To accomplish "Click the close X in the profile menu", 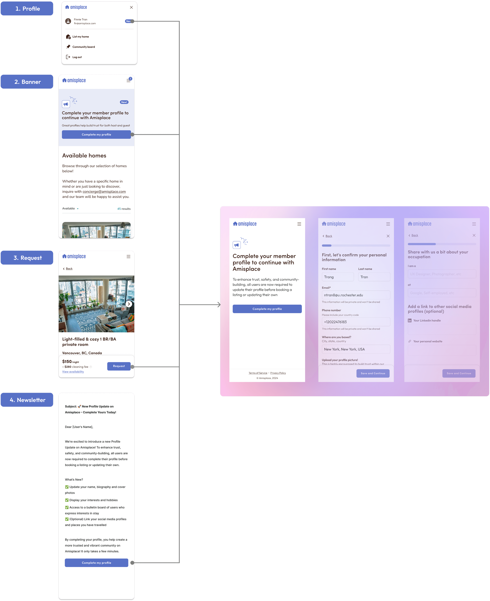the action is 131,7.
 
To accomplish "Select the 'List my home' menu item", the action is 80,37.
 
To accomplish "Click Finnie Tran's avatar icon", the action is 68,21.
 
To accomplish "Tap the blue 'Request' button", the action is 119,366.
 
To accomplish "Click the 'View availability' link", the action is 73,372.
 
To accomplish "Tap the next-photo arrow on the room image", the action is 129,304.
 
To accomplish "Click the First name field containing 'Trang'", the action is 338,277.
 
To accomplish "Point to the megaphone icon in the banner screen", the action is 66,104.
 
